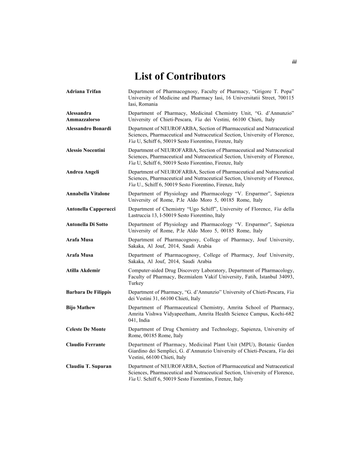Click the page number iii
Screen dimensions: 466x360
tap(294, 62)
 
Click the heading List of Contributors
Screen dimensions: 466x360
tap(180, 77)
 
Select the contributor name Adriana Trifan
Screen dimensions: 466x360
tap(83, 91)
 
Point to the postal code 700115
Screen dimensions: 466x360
tap(285, 98)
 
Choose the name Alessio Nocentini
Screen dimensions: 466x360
tap(86, 150)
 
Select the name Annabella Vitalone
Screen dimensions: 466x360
tap(88, 193)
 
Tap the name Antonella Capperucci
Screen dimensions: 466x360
tap(91, 209)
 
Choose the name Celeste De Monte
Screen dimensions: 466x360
tap(86, 329)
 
